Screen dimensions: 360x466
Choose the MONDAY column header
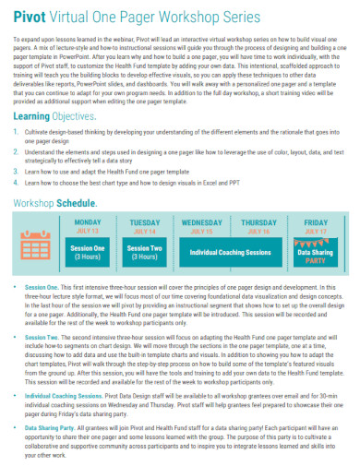pos(88,223)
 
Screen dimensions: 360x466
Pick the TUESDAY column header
pos(145,223)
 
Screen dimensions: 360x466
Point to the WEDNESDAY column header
pos(202,223)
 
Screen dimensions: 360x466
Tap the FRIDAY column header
pos(316,223)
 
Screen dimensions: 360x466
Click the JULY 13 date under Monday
pos(88,233)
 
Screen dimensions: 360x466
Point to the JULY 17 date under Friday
pos(316,233)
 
